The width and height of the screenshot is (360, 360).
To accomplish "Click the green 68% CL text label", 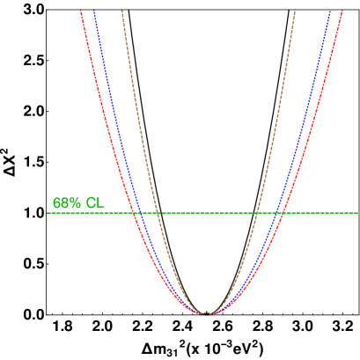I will tap(78, 203).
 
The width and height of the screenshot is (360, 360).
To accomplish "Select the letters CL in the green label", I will tap(95, 203).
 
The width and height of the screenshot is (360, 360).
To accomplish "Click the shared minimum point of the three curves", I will tap(207, 313).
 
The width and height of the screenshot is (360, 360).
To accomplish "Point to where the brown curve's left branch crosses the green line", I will tap(158, 213).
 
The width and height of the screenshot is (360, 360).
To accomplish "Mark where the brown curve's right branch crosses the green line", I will tap(256, 213).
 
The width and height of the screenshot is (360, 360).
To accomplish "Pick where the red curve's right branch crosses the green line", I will tap(282, 213).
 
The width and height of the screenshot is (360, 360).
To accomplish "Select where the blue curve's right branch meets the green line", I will tap(276, 213).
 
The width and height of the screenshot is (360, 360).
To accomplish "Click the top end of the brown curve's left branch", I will tap(121, 11).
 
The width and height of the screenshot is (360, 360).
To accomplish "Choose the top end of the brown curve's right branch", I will tap(294, 11).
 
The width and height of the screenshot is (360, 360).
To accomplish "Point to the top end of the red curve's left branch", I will tap(81, 11).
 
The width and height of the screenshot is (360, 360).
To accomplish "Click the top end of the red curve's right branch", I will tap(342, 11).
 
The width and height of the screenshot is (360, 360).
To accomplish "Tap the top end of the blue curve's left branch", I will tap(94, 11).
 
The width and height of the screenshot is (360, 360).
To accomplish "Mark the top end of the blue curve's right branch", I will tap(330, 11).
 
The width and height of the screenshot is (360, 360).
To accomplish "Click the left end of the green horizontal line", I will tap(48, 213).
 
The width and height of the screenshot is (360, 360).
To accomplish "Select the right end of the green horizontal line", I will tap(358, 213).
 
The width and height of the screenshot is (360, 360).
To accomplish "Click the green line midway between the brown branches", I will tap(207, 213).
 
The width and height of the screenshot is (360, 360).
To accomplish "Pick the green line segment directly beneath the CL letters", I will tap(95, 213).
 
